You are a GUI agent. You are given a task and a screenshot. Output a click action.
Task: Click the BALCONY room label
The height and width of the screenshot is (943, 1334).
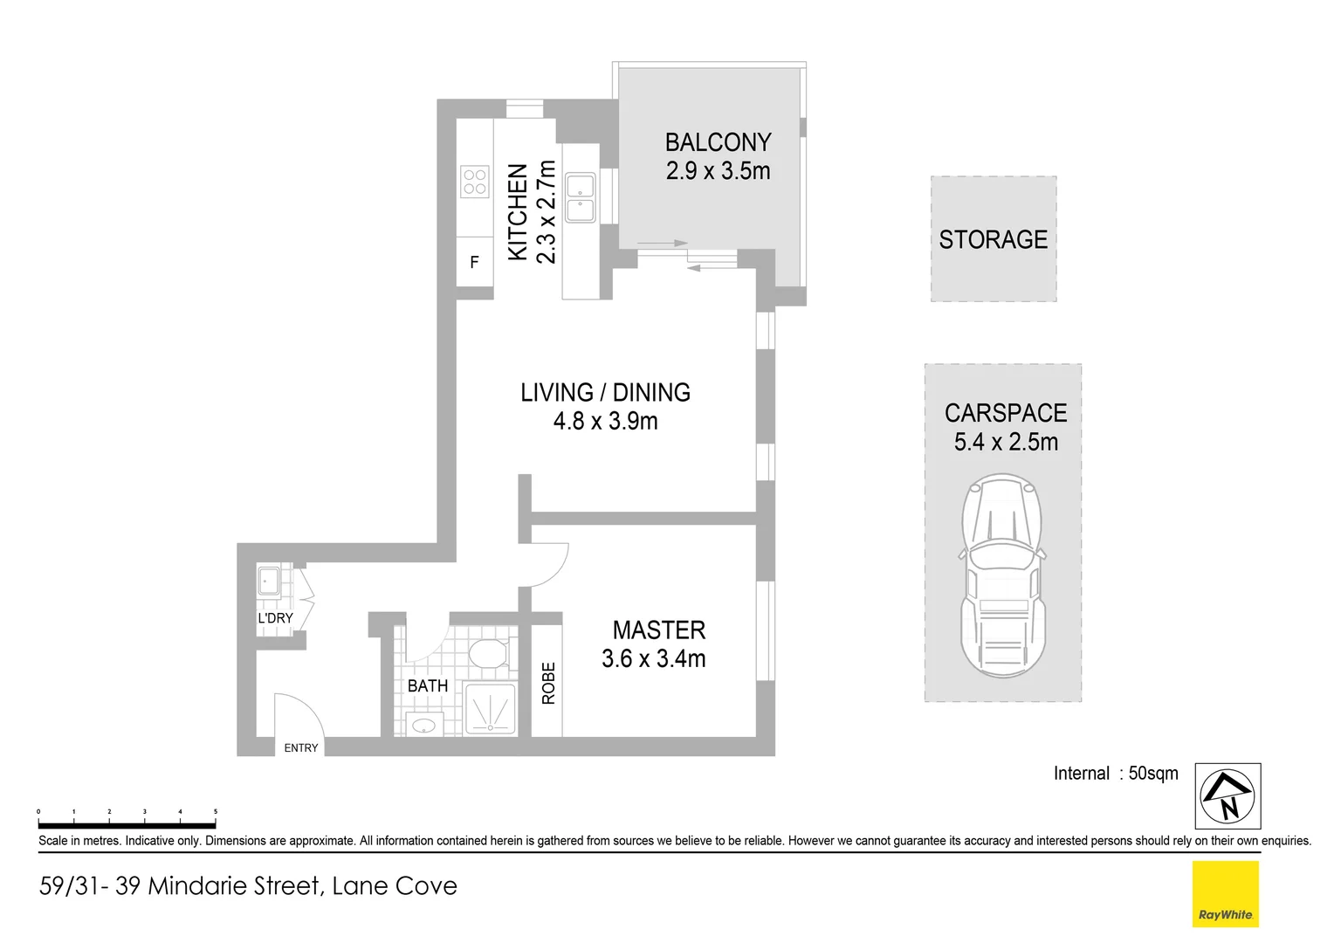coord(718,142)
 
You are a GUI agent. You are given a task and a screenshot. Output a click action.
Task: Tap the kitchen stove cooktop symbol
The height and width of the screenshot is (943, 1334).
coord(475,182)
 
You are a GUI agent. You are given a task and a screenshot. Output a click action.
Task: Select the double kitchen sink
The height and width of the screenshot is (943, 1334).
coord(581,198)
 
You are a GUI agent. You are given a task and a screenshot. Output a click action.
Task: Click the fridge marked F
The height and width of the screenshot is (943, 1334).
coord(474,262)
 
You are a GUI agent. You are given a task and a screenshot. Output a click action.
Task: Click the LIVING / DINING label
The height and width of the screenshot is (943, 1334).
coord(605,393)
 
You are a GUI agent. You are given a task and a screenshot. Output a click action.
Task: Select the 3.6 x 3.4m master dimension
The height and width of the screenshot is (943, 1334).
coord(653,659)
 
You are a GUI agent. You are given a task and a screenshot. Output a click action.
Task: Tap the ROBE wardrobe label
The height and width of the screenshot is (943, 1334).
coord(548,683)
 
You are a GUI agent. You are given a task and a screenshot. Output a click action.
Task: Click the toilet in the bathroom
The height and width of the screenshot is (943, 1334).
coord(487,653)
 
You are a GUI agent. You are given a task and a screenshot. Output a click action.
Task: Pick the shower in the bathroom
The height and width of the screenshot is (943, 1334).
coord(490,708)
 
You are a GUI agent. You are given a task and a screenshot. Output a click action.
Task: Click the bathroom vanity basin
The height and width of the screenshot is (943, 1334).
coord(425,725)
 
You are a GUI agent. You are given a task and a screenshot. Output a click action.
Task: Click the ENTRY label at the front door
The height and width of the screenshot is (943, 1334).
coord(301,748)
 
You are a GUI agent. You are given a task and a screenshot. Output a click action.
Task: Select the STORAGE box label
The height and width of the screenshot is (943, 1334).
coord(993,239)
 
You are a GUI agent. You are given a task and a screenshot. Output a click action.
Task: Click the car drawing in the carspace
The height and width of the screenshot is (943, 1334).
coord(1003,576)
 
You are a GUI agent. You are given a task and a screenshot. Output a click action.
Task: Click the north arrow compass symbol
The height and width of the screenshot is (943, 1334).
coord(1227,796)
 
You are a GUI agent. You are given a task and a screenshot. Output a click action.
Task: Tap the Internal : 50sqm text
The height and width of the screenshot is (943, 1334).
coord(1115,774)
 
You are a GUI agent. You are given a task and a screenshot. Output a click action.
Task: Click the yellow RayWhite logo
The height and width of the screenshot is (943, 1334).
coord(1225,894)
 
